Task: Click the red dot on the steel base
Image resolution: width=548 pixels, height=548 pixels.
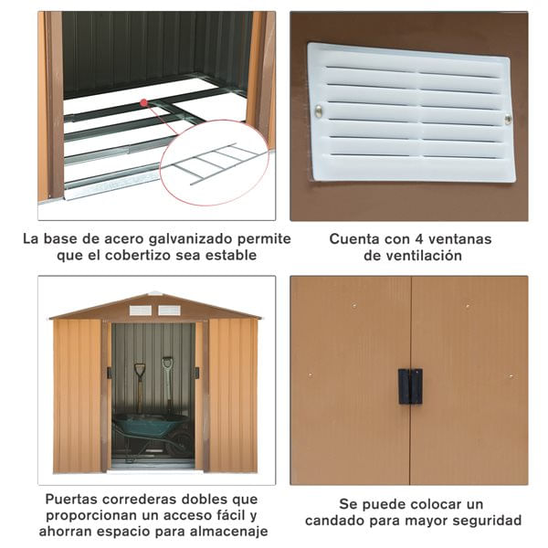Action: (143, 102)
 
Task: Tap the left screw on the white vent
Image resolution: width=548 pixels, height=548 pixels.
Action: (319, 111)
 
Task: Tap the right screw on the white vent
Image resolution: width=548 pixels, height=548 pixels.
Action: (508, 120)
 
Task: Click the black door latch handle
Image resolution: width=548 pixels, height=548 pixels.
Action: (410, 386)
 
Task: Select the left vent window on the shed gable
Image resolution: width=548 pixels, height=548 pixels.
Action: (140, 311)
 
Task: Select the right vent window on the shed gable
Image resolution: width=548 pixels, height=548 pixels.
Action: (169, 311)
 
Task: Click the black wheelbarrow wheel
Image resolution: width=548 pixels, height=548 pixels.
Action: (181, 443)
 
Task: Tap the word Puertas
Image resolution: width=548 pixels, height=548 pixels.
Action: (67, 499)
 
